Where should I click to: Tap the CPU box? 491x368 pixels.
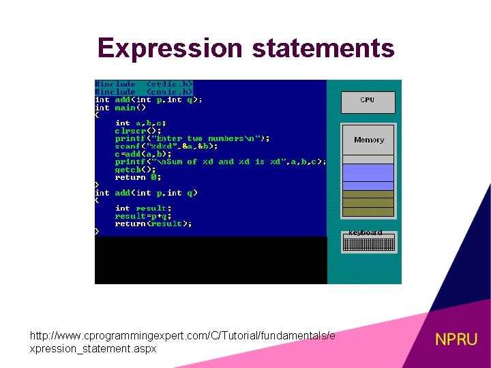(368, 101)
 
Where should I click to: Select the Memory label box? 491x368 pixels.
(368, 140)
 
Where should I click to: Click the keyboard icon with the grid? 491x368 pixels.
(368, 241)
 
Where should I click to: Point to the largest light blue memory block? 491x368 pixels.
(368, 172)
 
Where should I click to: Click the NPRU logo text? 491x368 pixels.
(456, 339)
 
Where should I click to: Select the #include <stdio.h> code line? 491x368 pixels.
(144, 84)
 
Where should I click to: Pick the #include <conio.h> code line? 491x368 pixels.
(144, 91)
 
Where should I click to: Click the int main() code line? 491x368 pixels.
(121, 107)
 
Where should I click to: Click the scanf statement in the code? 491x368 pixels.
(166, 146)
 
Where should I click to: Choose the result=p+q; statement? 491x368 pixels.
(143, 216)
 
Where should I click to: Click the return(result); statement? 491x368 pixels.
(153, 224)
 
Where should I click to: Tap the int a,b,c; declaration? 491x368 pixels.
(140, 123)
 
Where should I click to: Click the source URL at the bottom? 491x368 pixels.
(182, 342)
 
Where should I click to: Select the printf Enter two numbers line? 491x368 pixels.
(192, 138)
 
